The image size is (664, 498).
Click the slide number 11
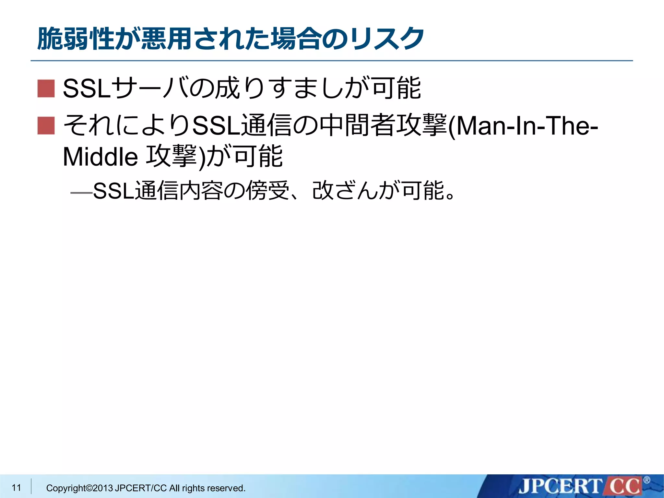[16, 487]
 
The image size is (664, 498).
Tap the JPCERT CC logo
[580, 486]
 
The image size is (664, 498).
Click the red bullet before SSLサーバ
[46, 89]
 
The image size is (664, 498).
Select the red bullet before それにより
[46, 126]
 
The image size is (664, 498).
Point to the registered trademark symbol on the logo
[646, 480]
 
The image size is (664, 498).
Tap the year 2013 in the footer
[103, 488]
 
